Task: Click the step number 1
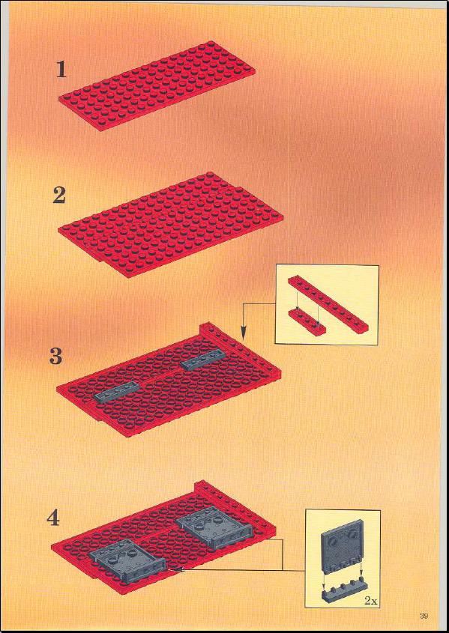(x=61, y=70)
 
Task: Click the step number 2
(x=59, y=196)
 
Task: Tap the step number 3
(x=56, y=357)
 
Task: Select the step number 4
(x=53, y=518)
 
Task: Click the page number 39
(x=424, y=616)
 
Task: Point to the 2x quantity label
(x=370, y=601)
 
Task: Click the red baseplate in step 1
(x=157, y=85)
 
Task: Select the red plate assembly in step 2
(x=170, y=225)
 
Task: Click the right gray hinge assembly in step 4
(x=211, y=527)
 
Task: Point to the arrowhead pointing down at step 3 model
(x=243, y=333)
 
